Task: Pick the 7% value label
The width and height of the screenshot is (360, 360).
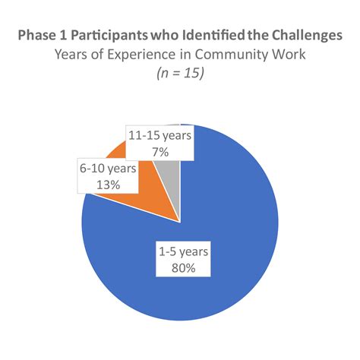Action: coord(159,152)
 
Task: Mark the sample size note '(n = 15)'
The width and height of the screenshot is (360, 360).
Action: coord(180,74)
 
